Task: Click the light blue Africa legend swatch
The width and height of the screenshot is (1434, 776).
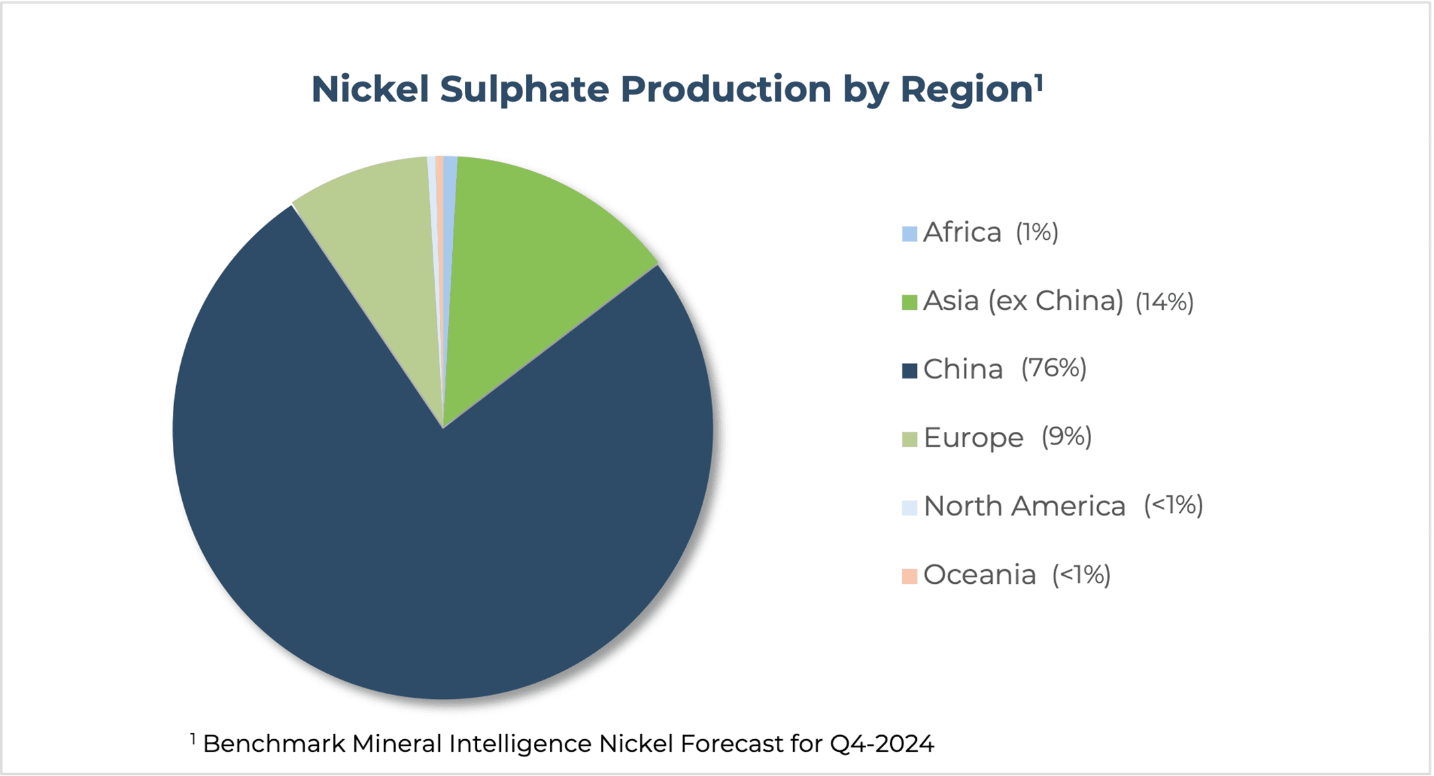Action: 910,234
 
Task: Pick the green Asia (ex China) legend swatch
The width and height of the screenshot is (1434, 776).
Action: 910,303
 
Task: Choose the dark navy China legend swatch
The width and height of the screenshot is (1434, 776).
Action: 910,371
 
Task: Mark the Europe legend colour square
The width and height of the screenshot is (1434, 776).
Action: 910,439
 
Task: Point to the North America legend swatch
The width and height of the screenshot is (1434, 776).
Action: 910,508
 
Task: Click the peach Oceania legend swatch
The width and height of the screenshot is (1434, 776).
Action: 910,576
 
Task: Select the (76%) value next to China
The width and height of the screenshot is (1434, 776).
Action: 1054,368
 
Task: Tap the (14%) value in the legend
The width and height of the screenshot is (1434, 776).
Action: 1165,301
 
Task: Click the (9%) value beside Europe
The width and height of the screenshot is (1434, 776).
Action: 1066,437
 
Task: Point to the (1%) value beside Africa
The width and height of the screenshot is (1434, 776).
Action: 1037,232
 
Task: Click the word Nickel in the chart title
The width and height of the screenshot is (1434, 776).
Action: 370,89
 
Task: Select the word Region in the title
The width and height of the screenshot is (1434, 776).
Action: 966,90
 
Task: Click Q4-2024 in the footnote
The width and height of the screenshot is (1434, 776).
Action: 882,743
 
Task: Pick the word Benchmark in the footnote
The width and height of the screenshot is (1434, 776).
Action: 275,743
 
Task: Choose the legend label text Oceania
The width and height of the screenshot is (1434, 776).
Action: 980,574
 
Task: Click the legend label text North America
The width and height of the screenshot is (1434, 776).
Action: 1025,506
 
